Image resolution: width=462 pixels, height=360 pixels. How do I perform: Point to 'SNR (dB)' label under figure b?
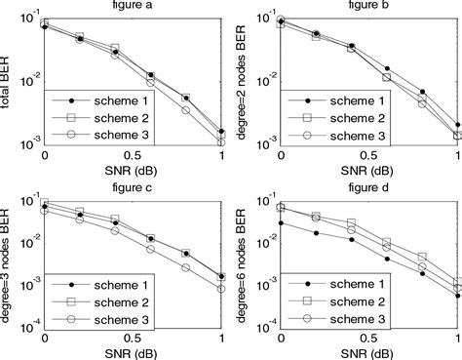coord(369,168)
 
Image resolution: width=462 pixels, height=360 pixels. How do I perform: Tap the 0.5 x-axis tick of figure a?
coord(134,154)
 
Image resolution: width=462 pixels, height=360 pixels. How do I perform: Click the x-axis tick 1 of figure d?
coord(457,338)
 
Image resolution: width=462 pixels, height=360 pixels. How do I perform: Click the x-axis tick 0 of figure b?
coord(281,154)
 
